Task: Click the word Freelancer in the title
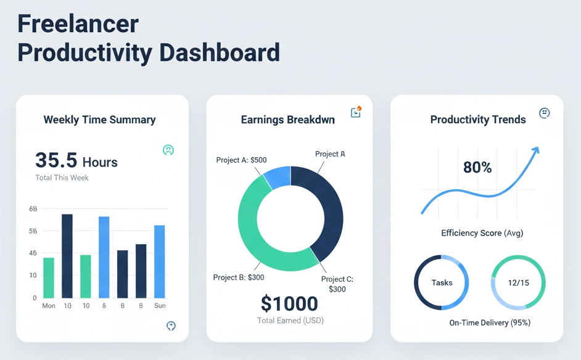[78, 23]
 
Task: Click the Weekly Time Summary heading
[99, 120]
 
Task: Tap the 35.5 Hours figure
[76, 162]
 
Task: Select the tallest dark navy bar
[67, 256]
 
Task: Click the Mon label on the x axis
[49, 306]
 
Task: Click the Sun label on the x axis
[159, 306]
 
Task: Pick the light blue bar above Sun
[159, 261]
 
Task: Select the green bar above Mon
[49, 277]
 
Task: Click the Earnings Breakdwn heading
[287, 120]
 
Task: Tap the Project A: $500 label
[241, 160]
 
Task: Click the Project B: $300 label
[239, 277]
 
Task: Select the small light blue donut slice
[278, 176]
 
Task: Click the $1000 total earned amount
[289, 303]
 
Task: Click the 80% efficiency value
[477, 167]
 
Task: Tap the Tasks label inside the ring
[442, 283]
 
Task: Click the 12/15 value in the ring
[518, 283]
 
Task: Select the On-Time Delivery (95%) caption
[490, 322]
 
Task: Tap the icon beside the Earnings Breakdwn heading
[355, 112]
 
